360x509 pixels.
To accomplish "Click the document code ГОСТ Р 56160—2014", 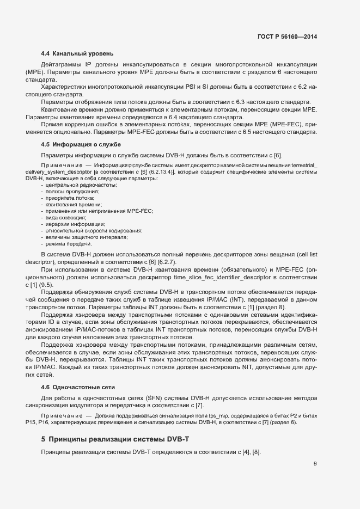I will click(x=287, y=36).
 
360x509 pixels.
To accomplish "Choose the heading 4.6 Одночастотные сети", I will click(x=78, y=387).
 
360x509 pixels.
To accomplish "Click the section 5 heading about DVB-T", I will click(x=106, y=439).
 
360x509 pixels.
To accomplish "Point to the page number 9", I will click(x=315, y=464).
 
